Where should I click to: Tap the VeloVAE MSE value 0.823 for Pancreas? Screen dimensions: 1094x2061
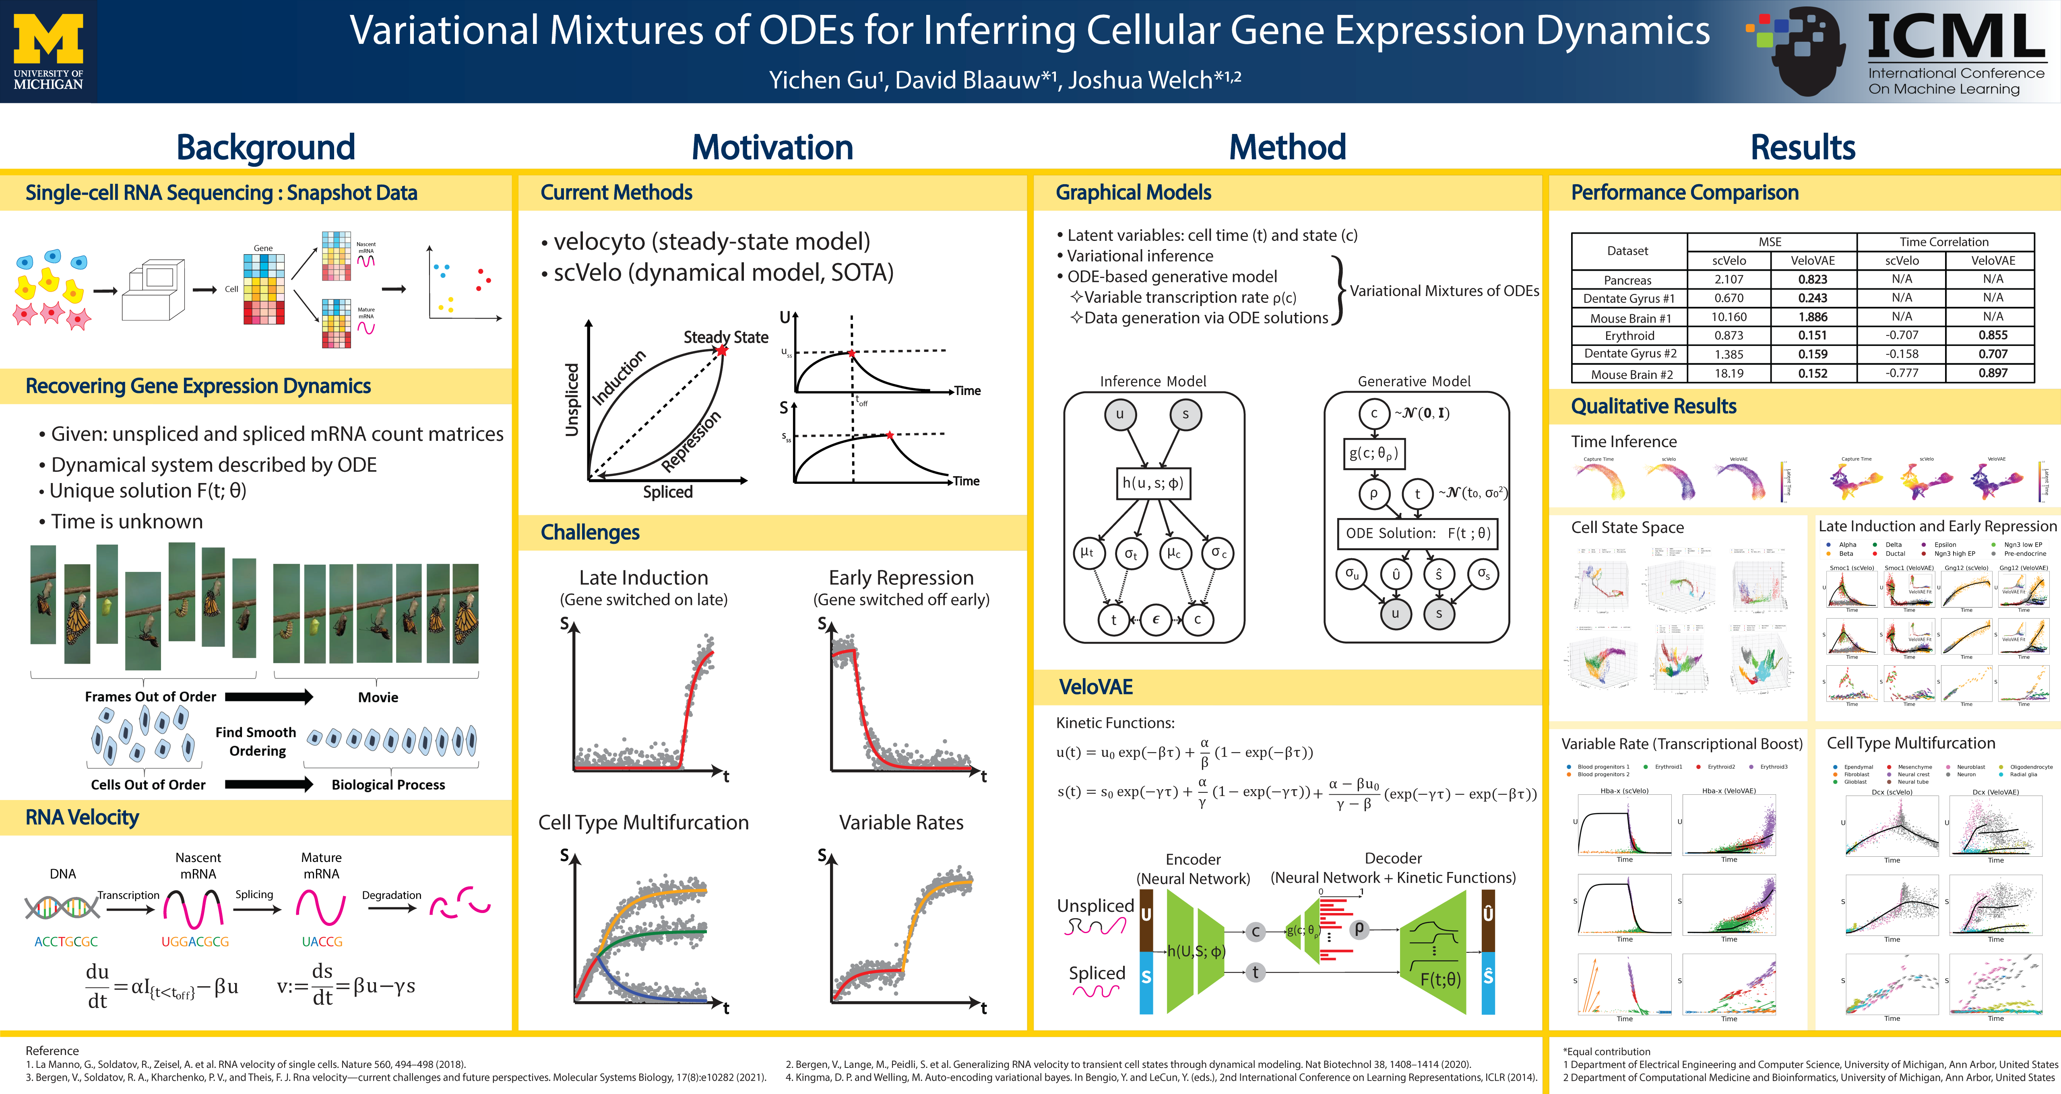click(1812, 279)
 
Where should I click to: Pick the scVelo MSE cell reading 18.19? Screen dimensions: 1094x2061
click(1729, 374)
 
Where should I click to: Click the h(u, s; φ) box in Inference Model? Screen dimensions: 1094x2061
click(1153, 483)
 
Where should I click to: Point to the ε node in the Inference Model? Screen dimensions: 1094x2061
click(1155, 620)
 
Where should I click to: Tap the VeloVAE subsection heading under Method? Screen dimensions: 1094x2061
click(1095, 687)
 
